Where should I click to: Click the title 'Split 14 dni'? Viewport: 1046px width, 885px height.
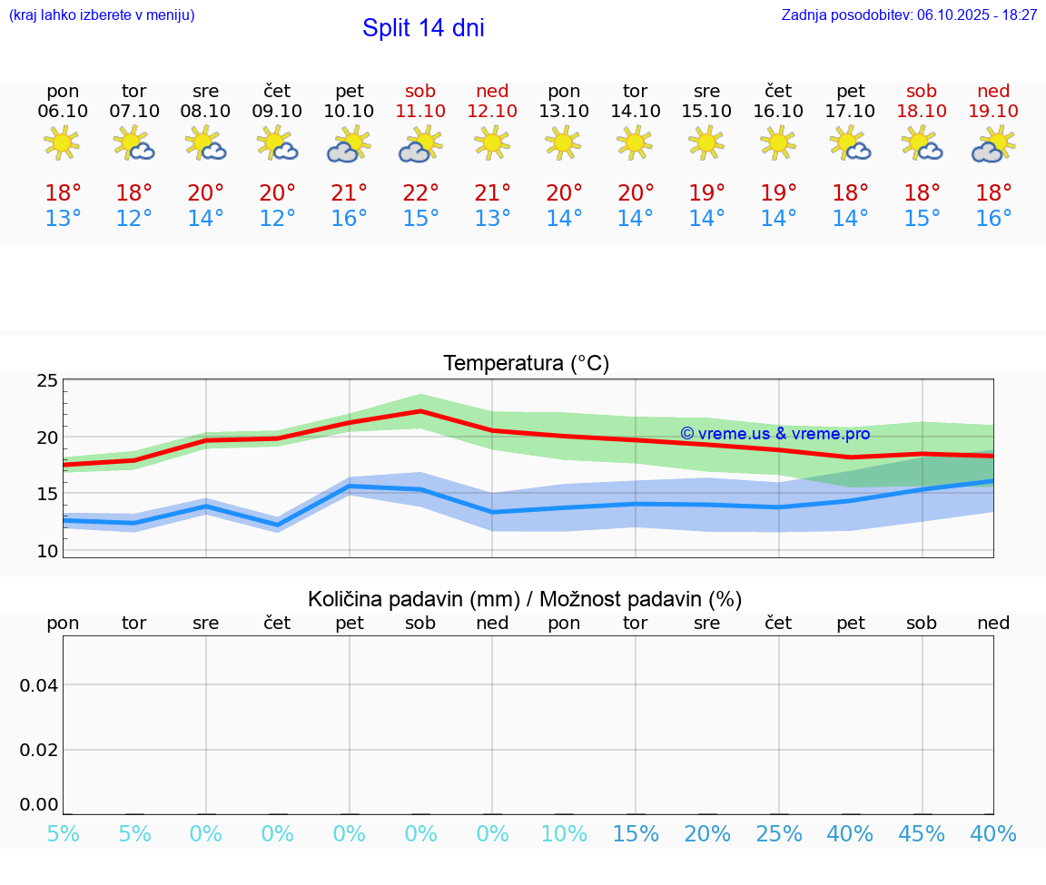[423, 28]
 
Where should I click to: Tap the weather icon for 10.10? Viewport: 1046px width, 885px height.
[349, 144]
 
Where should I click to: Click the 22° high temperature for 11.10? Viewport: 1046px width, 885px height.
[420, 193]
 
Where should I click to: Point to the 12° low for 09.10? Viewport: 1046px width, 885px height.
[277, 219]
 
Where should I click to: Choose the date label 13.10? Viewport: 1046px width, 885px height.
[564, 111]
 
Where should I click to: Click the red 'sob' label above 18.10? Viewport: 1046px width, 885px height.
[922, 91]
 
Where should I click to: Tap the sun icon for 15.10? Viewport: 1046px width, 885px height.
[706, 143]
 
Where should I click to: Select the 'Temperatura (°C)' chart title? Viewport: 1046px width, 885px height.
[526, 364]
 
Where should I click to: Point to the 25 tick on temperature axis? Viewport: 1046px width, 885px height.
[47, 380]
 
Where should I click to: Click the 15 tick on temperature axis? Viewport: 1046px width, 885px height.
[47, 494]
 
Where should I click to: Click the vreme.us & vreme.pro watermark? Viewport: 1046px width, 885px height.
[775, 434]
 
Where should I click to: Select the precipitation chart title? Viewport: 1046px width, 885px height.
[524, 599]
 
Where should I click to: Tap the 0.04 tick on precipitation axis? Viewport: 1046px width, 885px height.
[39, 685]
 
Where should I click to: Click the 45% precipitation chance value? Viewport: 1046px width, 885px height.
[922, 834]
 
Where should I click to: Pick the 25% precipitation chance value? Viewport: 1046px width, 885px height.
[778, 834]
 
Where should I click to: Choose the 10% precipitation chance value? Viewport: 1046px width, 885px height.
[564, 834]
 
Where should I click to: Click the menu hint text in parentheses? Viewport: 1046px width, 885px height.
[102, 15]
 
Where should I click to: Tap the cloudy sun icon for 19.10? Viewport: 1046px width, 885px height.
[993, 144]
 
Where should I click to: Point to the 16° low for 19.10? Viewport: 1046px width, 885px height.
[993, 219]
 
